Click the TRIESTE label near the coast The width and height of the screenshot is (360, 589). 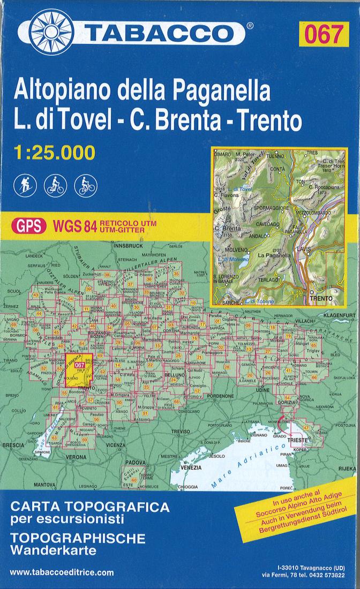click(297, 440)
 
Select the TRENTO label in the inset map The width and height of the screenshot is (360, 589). click(320, 297)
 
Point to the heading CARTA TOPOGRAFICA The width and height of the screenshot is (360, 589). click(89, 507)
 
